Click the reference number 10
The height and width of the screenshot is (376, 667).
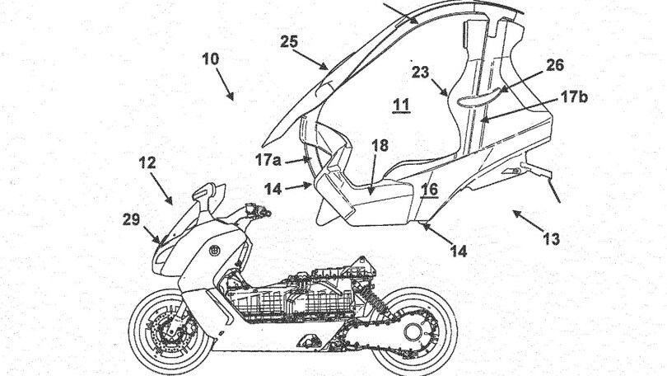[212, 59]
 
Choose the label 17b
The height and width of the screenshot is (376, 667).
[574, 96]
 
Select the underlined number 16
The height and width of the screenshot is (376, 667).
[429, 190]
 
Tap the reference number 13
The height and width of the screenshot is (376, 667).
[551, 240]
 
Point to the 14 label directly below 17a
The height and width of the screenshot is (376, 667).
[273, 188]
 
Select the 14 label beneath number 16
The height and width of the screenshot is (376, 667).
[458, 251]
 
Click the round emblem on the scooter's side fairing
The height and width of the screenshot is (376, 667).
[213, 251]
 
